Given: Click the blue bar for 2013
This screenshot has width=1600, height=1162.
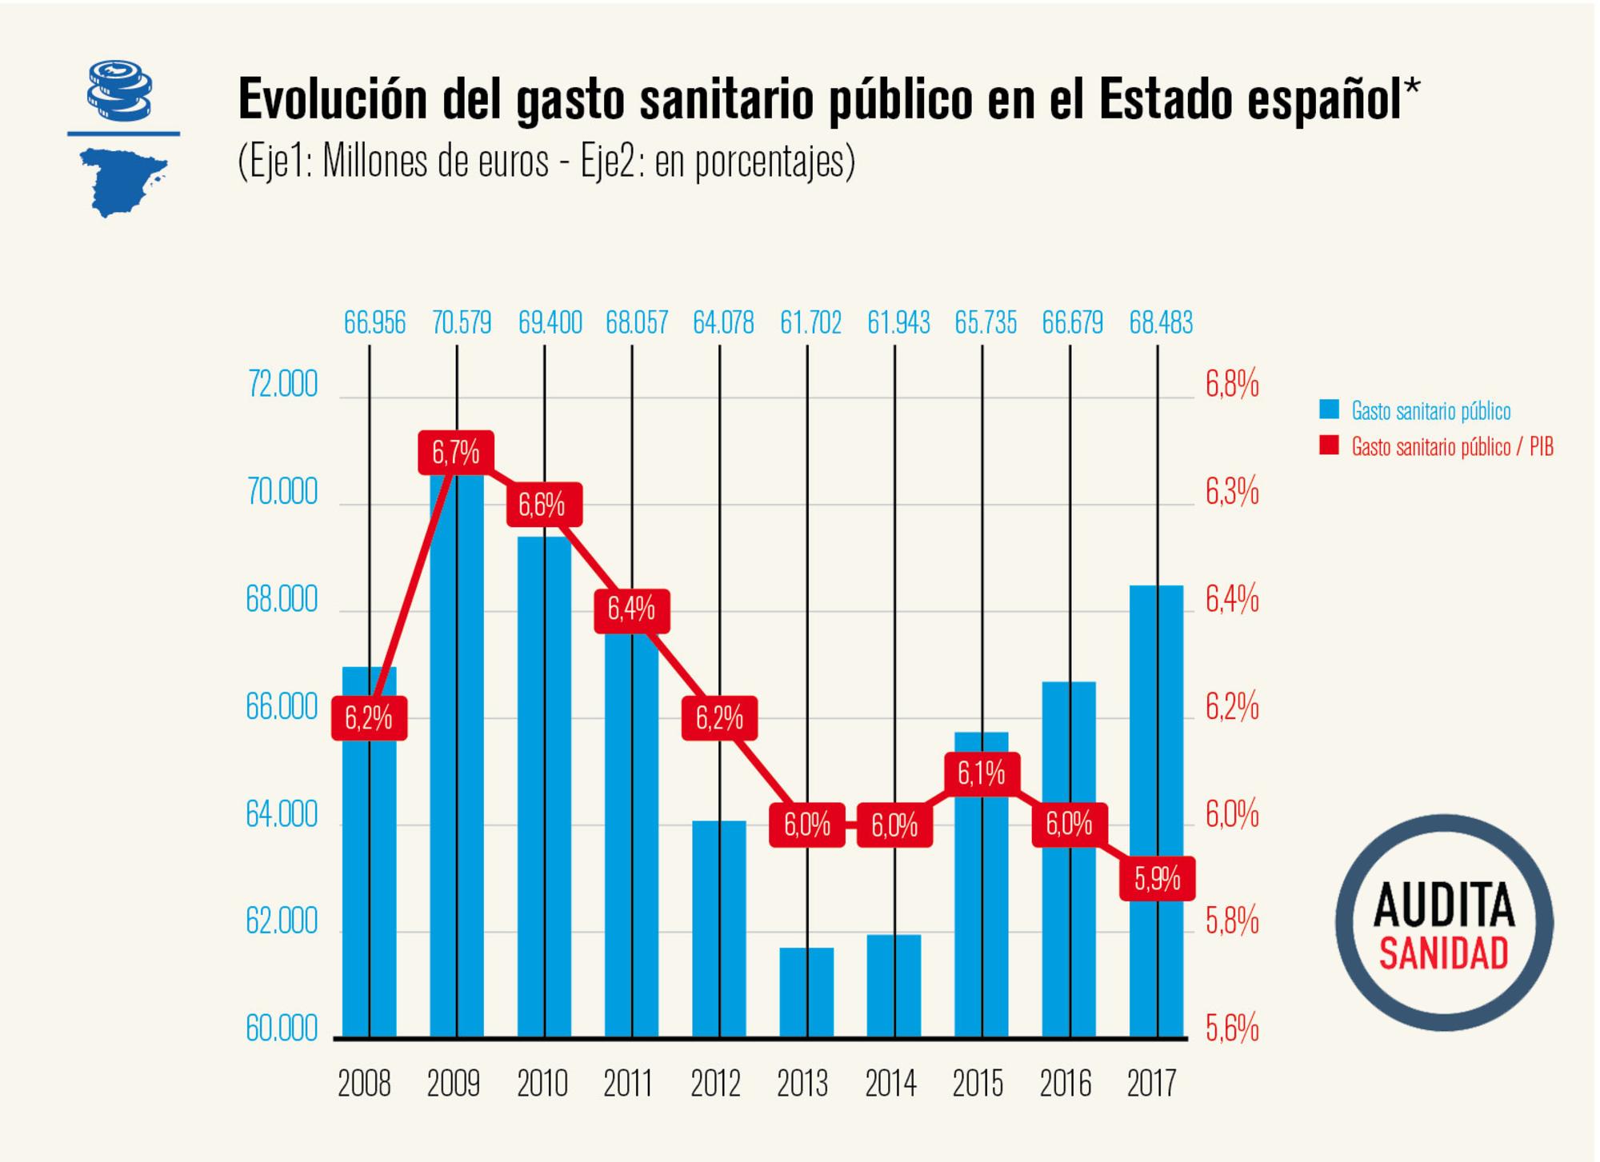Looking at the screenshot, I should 806,992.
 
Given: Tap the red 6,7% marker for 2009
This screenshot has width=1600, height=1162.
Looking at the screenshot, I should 455,453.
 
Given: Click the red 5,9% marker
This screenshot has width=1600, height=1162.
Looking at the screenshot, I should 1157,879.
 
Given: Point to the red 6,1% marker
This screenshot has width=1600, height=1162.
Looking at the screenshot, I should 981,773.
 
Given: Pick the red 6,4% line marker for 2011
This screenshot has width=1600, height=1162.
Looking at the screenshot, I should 631,610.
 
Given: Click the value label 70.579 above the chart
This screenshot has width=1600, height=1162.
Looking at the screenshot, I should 462,323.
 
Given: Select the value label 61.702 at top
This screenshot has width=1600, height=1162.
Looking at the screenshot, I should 810,323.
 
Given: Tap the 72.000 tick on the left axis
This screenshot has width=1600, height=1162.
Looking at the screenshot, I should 282,385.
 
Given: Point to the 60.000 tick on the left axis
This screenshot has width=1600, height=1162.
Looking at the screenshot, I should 282,1028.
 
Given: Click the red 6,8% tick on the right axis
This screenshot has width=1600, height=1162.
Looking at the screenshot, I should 1232,385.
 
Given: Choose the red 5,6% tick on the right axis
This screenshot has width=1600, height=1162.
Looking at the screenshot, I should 1232,1029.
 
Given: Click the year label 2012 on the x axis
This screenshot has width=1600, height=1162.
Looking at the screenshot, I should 715,1084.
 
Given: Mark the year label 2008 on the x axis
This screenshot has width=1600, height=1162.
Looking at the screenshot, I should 364,1084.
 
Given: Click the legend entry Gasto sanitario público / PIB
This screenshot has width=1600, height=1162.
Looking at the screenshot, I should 1451,447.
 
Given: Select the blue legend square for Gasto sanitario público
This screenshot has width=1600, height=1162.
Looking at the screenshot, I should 1329,409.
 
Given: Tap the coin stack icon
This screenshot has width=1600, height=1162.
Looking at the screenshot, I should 119,90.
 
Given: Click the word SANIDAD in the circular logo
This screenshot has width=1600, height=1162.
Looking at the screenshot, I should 1443,954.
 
